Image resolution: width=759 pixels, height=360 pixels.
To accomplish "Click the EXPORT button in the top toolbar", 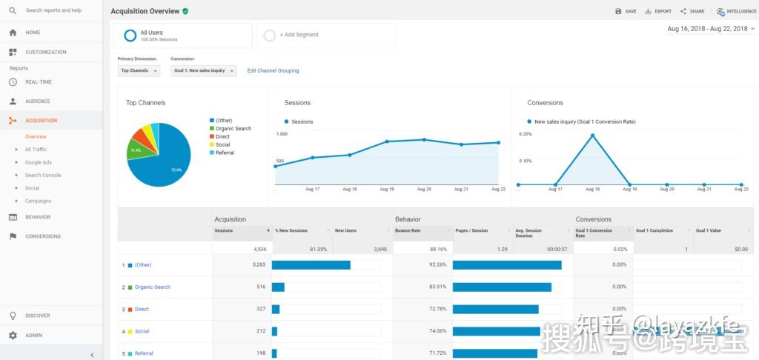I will pos(658,11).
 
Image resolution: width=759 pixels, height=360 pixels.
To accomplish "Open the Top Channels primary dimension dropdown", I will pos(139,71).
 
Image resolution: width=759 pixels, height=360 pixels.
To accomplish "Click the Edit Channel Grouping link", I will pos(273,71).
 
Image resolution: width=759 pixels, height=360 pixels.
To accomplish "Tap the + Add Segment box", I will pos(326,35).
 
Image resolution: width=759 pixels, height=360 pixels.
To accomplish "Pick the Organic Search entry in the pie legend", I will pos(233,129).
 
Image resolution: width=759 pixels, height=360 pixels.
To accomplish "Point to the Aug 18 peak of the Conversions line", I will pos(592,135).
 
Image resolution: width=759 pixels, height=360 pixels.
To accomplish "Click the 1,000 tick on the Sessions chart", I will pos(282,134).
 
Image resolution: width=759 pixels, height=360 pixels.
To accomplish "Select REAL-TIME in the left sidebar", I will pos(39,82).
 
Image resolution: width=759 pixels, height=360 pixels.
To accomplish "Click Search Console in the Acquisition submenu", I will pos(43,176).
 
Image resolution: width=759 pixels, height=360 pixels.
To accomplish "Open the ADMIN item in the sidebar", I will pos(34,336).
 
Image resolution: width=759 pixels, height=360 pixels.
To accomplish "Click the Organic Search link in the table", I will pos(153,287).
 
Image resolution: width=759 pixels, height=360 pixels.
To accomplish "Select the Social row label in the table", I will pos(142,332).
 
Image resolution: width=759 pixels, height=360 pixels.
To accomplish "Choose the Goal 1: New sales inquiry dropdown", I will pos(203,71).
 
